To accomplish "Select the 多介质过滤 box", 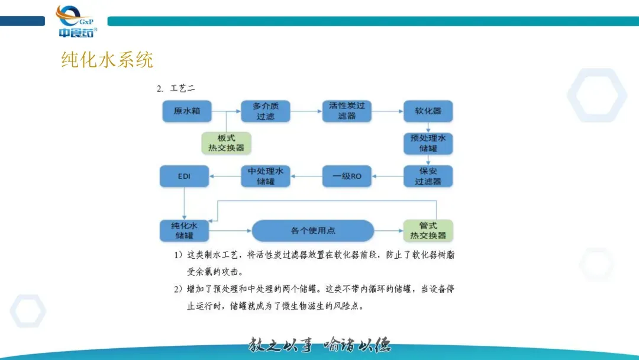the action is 266,111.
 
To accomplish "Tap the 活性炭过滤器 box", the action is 347,111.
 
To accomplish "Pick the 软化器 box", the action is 428,111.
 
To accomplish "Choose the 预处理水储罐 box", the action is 428,143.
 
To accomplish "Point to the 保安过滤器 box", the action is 428,176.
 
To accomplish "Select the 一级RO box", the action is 347,176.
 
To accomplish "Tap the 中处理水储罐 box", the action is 266,176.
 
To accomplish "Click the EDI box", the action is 185,176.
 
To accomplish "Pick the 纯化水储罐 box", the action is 185,230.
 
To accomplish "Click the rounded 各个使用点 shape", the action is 313,230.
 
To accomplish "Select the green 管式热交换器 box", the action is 428,230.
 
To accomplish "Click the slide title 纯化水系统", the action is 107,60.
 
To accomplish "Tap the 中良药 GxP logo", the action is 76,22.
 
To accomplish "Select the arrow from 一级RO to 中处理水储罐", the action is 306,176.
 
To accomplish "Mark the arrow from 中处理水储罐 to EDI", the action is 225,176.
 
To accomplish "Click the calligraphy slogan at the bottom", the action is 319,345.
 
